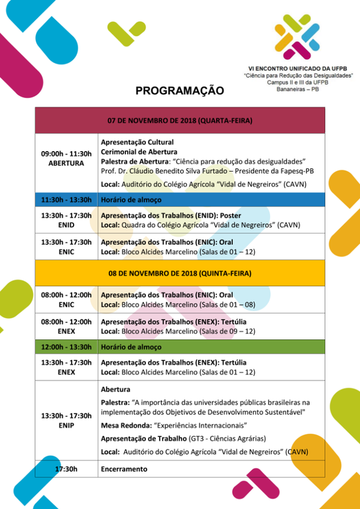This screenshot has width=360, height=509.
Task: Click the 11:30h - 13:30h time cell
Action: click(x=66, y=199)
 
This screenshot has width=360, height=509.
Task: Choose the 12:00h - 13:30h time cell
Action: click(x=66, y=347)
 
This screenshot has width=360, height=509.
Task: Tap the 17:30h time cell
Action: click(x=66, y=469)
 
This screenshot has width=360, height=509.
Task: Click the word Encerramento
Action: click(x=124, y=469)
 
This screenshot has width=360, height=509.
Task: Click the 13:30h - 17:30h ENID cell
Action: click(x=66, y=220)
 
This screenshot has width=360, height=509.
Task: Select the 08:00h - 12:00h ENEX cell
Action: click(x=66, y=325)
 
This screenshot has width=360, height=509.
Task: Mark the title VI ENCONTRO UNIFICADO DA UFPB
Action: click(x=296, y=68)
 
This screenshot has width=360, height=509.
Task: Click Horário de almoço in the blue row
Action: click(x=131, y=199)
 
